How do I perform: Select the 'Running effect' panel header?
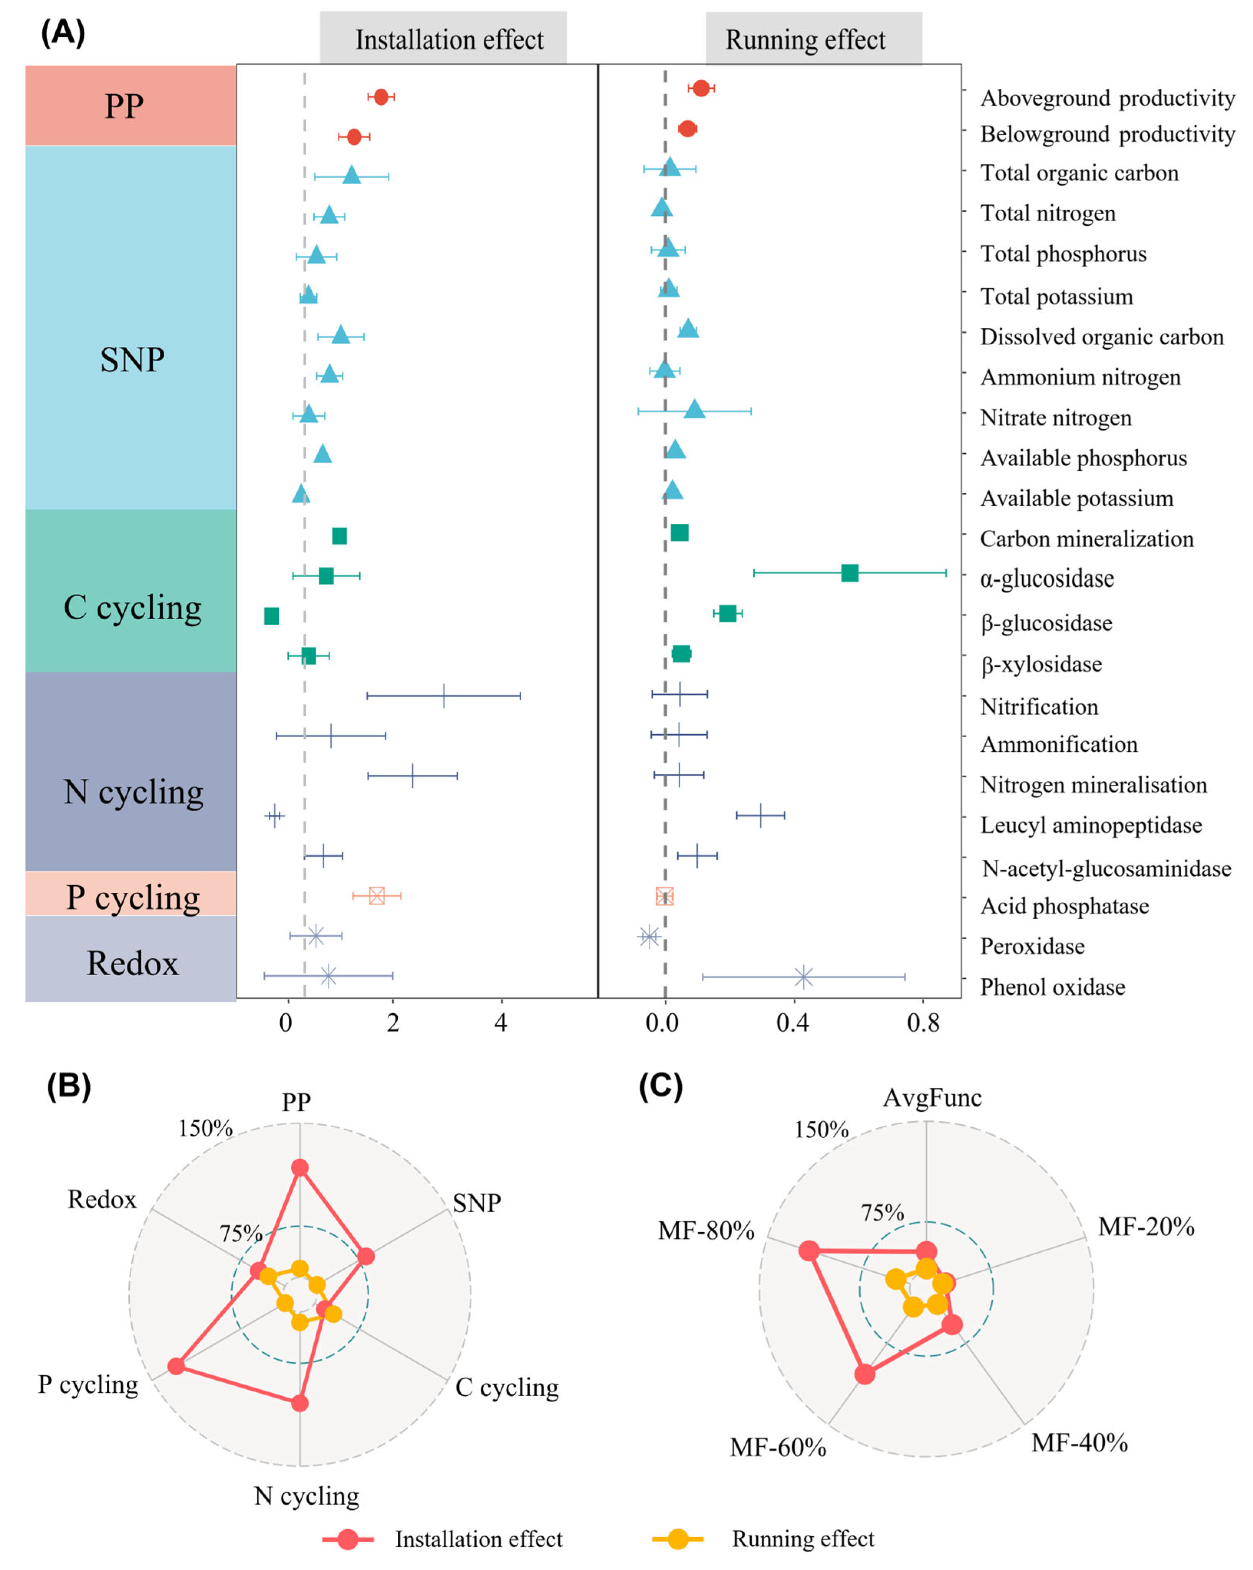tap(813, 39)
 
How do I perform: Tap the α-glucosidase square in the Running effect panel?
tap(849, 573)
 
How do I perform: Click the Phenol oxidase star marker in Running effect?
tap(802, 977)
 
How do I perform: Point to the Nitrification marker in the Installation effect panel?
tap(443, 695)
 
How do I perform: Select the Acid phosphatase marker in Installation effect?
tap(377, 896)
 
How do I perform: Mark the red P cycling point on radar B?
tap(175, 1366)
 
